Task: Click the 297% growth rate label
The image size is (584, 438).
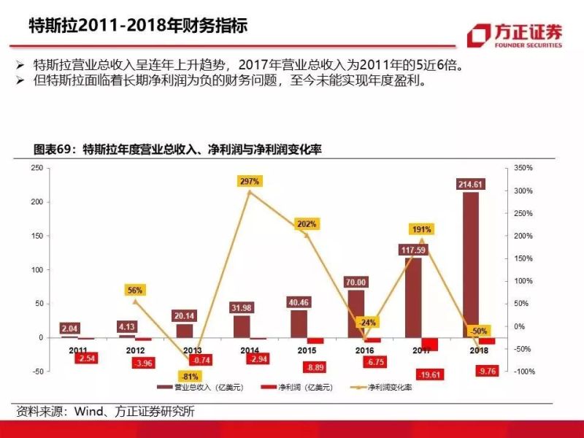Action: pyautogui.click(x=249, y=181)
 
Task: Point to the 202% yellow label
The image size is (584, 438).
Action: pyautogui.click(x=306, y=224)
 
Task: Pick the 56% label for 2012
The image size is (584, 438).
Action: pyautogui.click(x=134, y=290)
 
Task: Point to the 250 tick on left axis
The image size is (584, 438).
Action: pyautogui.click(x=35, y=168)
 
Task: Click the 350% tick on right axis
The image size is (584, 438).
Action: pyautogui.click(x=523, y=168)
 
